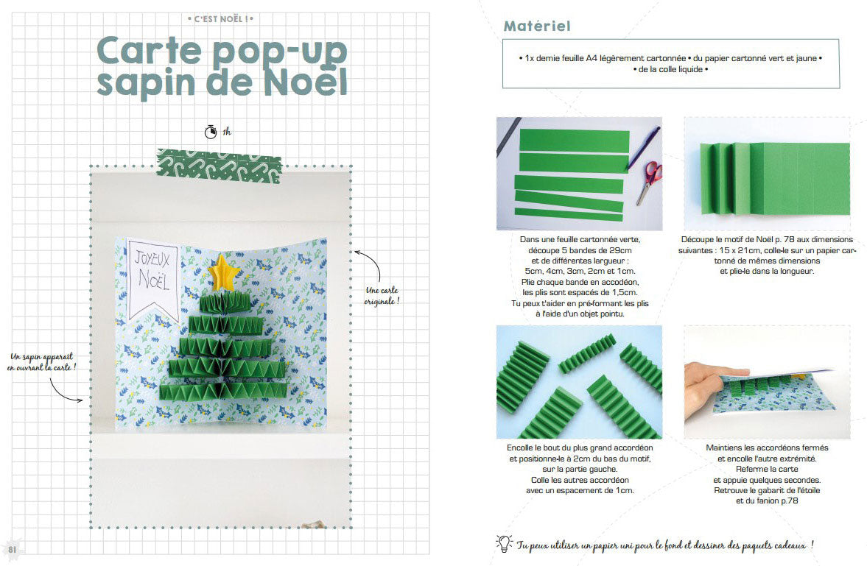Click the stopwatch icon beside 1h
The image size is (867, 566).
(x=211, y=132)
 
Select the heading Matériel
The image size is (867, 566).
(x=537, y=26)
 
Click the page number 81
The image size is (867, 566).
(x=13, y=549)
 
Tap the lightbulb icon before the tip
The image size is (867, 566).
(x=504, y=543)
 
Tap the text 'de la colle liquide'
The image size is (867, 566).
(x=670, y=69)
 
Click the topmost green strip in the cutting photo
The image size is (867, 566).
(x=574, y=138)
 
